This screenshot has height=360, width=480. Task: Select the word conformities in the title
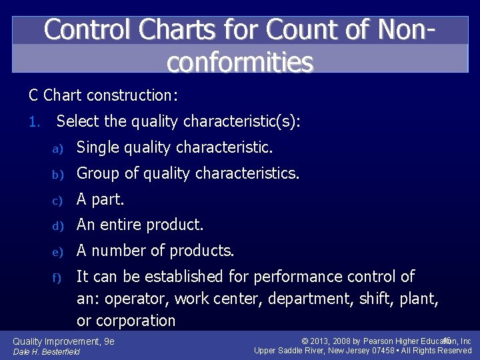pyautogui.click(x=240, y=61)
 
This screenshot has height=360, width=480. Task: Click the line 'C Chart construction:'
pyautogui.click(x=103, y=95)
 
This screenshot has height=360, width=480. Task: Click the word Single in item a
pyautogui.click(x=97, y=147)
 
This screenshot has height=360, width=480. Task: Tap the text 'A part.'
pyautogui.click(x=101, y=199)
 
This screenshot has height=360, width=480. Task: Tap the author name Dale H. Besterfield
pyautogui.click(x=47, y=351)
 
